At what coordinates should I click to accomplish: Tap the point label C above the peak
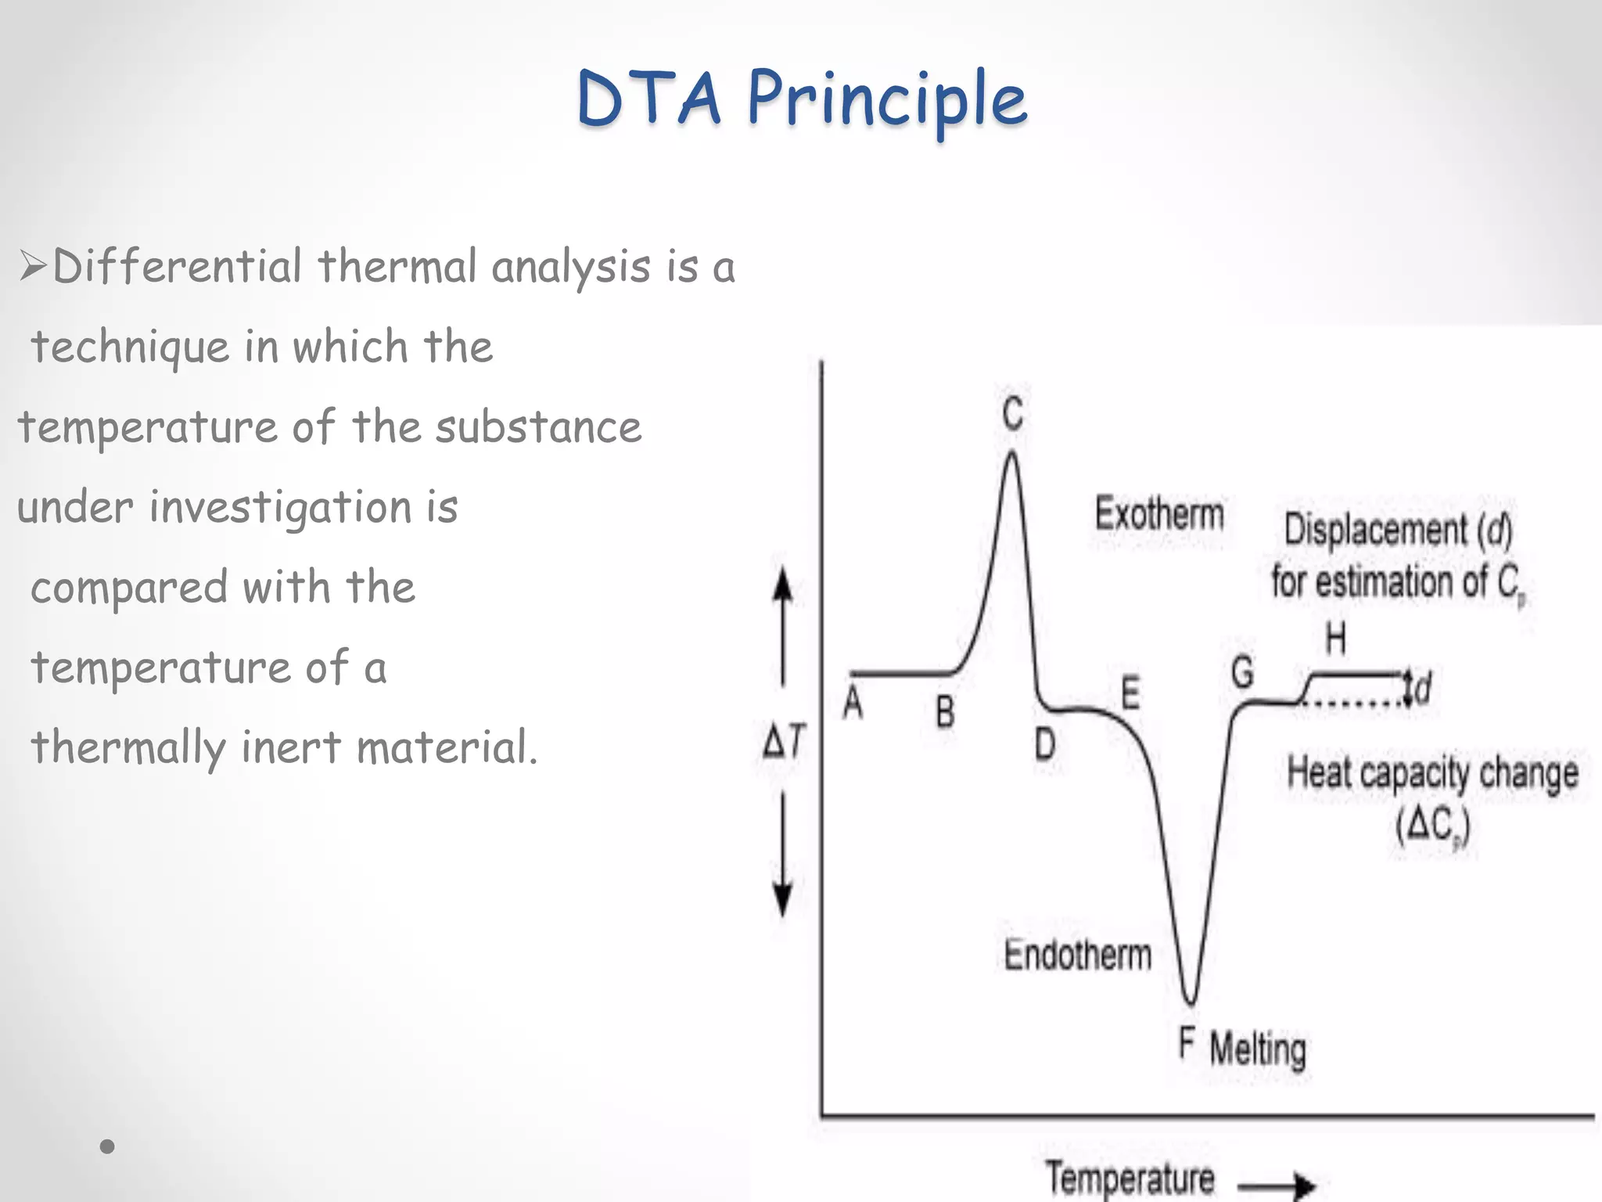tap(1013, 412)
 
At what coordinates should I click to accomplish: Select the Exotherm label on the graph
tap(1159, 514)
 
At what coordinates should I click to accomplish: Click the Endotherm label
tap(1077, 955)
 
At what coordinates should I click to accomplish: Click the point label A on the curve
tap(853, 703)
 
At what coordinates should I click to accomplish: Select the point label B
tap(945, 712)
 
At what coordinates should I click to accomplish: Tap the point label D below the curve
tap(1045, 744)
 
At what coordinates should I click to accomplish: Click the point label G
tap(1242, 672)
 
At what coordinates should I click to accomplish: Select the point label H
tap(1335, 639)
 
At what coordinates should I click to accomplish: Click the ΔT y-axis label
tap(784, 740)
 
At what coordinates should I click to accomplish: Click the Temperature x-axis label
tap(1130, 1178)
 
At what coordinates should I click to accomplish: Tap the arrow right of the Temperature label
tap(1277, 1186)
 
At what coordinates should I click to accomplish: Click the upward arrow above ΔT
tap(783, 626)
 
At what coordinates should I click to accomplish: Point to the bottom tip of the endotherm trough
tap(1190, 1002)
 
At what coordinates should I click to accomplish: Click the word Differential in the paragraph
tap(178, 266)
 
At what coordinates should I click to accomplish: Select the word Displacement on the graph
tap(1376, 530)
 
